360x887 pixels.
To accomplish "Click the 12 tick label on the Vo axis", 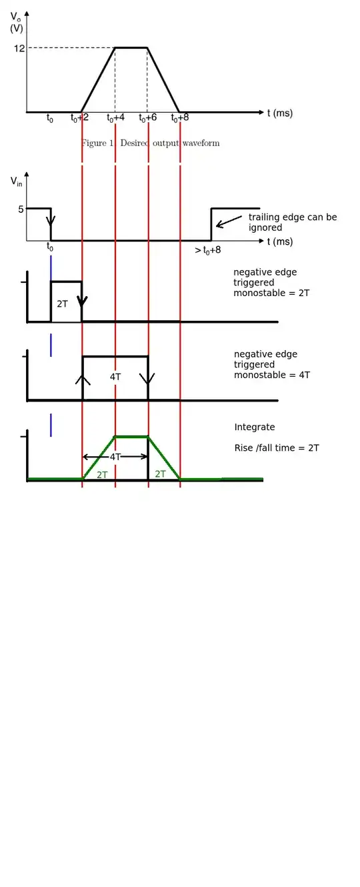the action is (19, 48).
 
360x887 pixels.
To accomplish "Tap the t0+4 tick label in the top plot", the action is (115, 117).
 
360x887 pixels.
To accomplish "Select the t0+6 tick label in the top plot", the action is (148, 117).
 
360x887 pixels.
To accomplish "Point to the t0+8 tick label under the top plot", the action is (180, 117).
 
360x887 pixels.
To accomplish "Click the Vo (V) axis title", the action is (16, 23).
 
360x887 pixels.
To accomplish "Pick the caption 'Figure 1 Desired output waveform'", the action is (151, 143).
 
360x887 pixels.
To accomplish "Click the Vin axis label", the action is (16, 182).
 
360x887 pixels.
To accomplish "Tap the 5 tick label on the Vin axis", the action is (21, 209).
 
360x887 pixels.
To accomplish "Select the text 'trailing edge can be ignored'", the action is (293, 222).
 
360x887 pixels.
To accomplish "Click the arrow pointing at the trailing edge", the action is (229, 221).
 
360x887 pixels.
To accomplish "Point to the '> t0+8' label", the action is (208, 250).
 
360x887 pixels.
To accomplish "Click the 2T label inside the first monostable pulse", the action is (62, 303).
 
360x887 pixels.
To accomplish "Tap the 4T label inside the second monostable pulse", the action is (115, 377).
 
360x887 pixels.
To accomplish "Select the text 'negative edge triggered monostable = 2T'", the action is (271, 282).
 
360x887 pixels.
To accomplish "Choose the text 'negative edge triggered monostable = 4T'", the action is (272, 364).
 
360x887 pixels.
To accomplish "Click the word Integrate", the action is (255, 427).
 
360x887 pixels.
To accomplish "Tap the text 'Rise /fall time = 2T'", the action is (277, 448).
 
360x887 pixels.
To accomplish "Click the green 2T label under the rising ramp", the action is (102, 474).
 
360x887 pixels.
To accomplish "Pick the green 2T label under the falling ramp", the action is (161, 474).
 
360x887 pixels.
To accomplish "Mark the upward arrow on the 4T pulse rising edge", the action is (83, 380).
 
